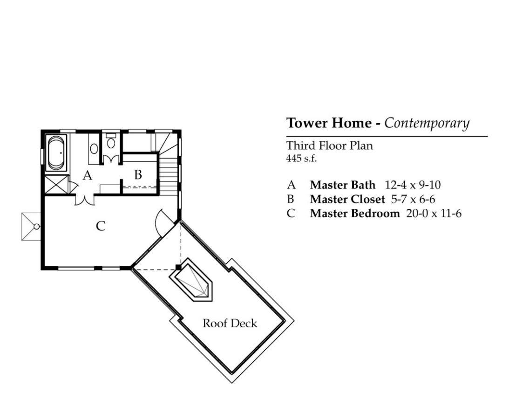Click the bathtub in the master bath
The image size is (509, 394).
(56, 153)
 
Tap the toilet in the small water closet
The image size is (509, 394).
(111, 141)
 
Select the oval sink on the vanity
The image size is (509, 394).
(94, 149)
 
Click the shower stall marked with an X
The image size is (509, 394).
(56, 185)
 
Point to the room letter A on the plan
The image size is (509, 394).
(88, 175)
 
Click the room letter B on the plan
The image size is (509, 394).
(138, 174)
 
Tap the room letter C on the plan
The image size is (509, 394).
(101, 226)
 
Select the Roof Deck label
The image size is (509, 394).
(230, 323)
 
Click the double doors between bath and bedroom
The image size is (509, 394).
(85, 200)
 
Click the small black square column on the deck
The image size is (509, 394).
(178, 267)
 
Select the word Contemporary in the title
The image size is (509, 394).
(427, 124)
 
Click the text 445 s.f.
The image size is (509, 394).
(301, 159)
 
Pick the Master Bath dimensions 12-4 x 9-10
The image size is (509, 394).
(413, 185)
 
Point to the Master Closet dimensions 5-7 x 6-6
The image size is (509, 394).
(413, 199)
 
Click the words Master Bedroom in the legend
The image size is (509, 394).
(355, 214)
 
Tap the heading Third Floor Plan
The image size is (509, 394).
(330, 145)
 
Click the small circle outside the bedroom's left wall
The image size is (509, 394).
(37, 227)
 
